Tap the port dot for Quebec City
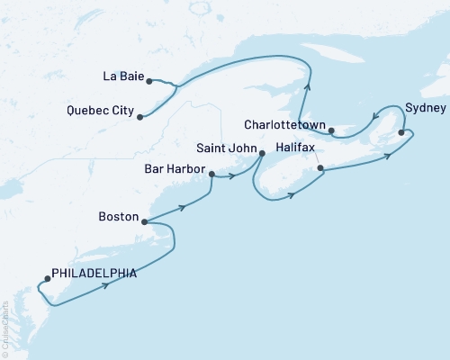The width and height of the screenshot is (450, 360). click(139, 115)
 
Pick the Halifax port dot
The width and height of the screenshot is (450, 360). click(320, 167)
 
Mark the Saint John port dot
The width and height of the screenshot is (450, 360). click(261, 153)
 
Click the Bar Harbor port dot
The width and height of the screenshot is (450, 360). click(211, 175)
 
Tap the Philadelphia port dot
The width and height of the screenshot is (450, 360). click(47, 278)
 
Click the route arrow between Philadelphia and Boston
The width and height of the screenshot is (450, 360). click(107, 285)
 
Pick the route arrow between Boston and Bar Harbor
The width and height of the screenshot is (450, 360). click(184, 207)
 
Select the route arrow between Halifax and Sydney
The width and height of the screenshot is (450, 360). click(389, 156)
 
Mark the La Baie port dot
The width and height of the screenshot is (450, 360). click(148, 80)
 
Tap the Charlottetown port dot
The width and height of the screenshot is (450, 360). click(331, 131)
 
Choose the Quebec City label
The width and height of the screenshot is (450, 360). click(100, 112)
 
